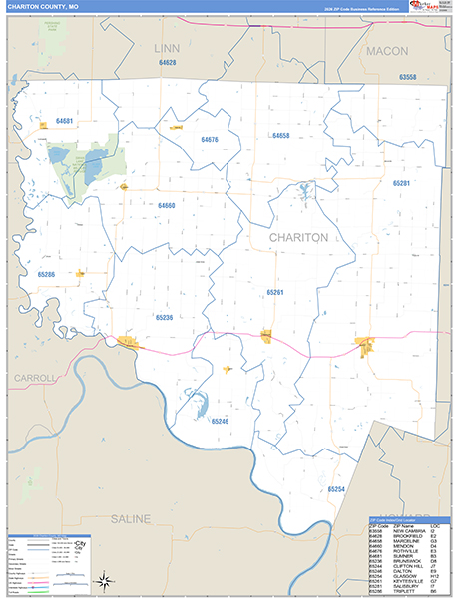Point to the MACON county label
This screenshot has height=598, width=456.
tap(388, 50)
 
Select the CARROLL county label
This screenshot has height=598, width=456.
tap(35, 379)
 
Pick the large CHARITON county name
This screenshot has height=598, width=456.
tap(298, 238)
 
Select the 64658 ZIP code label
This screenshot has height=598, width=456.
tap(280, 135)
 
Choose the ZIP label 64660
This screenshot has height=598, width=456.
tap(166, 205)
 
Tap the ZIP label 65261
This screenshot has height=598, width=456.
tap(275, 292)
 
